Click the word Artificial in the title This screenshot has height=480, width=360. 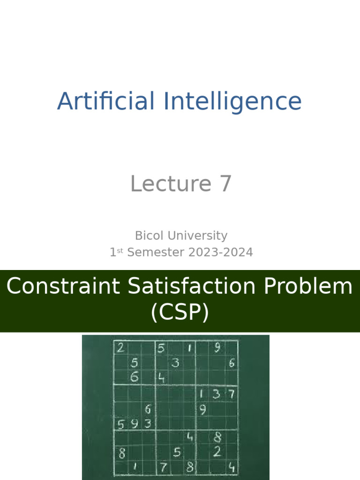[106, 102]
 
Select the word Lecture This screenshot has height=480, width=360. [164, 184]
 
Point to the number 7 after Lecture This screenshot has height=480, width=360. [225, 184]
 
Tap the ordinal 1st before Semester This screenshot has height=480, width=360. [116, 252]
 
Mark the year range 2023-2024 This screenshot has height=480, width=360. [220, 252]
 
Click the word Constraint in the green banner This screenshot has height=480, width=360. [63, 286]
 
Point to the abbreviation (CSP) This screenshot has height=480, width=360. [180, 313]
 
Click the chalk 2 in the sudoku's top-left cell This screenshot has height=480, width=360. [121, 348]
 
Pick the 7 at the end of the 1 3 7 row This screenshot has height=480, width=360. [231, 394]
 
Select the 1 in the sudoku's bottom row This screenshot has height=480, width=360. [135, 466]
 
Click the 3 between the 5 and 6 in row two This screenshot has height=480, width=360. [175, 362]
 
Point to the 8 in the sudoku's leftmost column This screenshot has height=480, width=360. [122, 454]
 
